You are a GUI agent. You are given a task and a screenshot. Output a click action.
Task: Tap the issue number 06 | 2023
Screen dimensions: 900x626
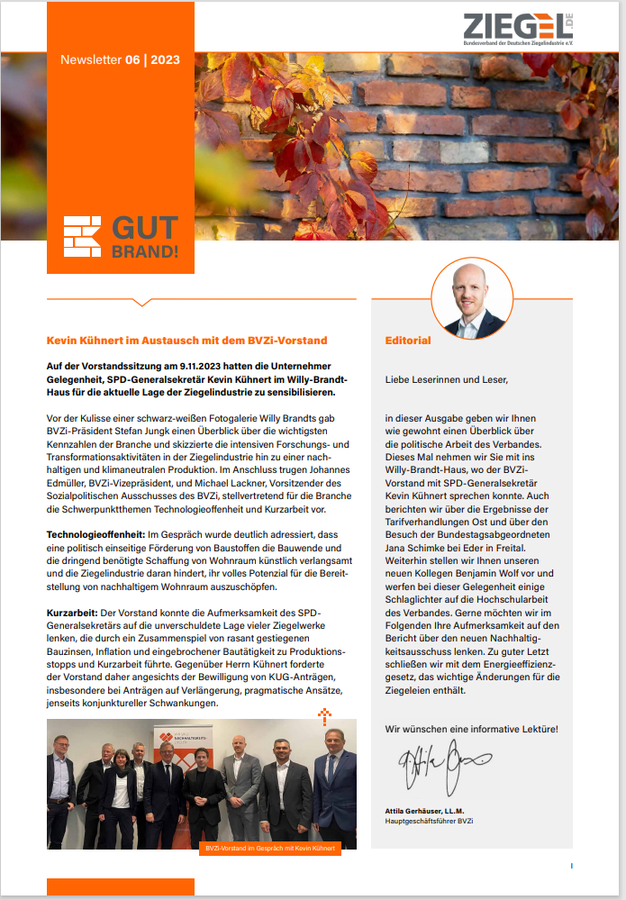[x=152, y=60]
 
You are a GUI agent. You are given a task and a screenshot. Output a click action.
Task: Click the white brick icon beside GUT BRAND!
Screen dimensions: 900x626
[x=82, y=236]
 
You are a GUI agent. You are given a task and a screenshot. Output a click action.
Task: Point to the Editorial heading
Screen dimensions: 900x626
[x=407, y=341]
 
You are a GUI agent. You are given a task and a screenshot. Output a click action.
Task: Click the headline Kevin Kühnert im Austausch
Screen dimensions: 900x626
[x=186, y=341]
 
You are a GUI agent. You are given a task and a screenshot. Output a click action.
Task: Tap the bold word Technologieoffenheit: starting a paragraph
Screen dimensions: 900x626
[x=97, y=536]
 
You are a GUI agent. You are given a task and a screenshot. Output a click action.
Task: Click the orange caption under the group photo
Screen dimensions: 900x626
[x=270, y=849]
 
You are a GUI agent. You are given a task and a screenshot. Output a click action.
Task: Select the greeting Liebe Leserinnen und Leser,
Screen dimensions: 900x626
[x=446, y=379]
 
